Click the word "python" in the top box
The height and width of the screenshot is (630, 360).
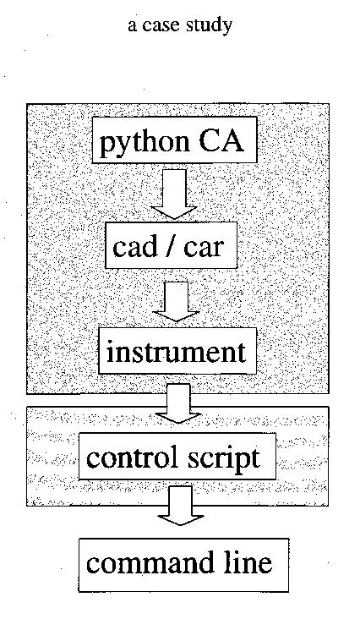145,143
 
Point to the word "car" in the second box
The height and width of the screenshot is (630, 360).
203,247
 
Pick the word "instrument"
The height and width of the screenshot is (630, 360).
176,352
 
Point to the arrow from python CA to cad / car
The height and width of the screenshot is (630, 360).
174,194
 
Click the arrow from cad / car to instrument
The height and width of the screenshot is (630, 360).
176,301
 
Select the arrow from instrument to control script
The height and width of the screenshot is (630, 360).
178,403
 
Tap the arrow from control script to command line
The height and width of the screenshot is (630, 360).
180,505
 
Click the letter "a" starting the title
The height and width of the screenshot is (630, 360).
132,27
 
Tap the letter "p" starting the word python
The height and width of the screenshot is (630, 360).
106,145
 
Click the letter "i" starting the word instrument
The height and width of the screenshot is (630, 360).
111,352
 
